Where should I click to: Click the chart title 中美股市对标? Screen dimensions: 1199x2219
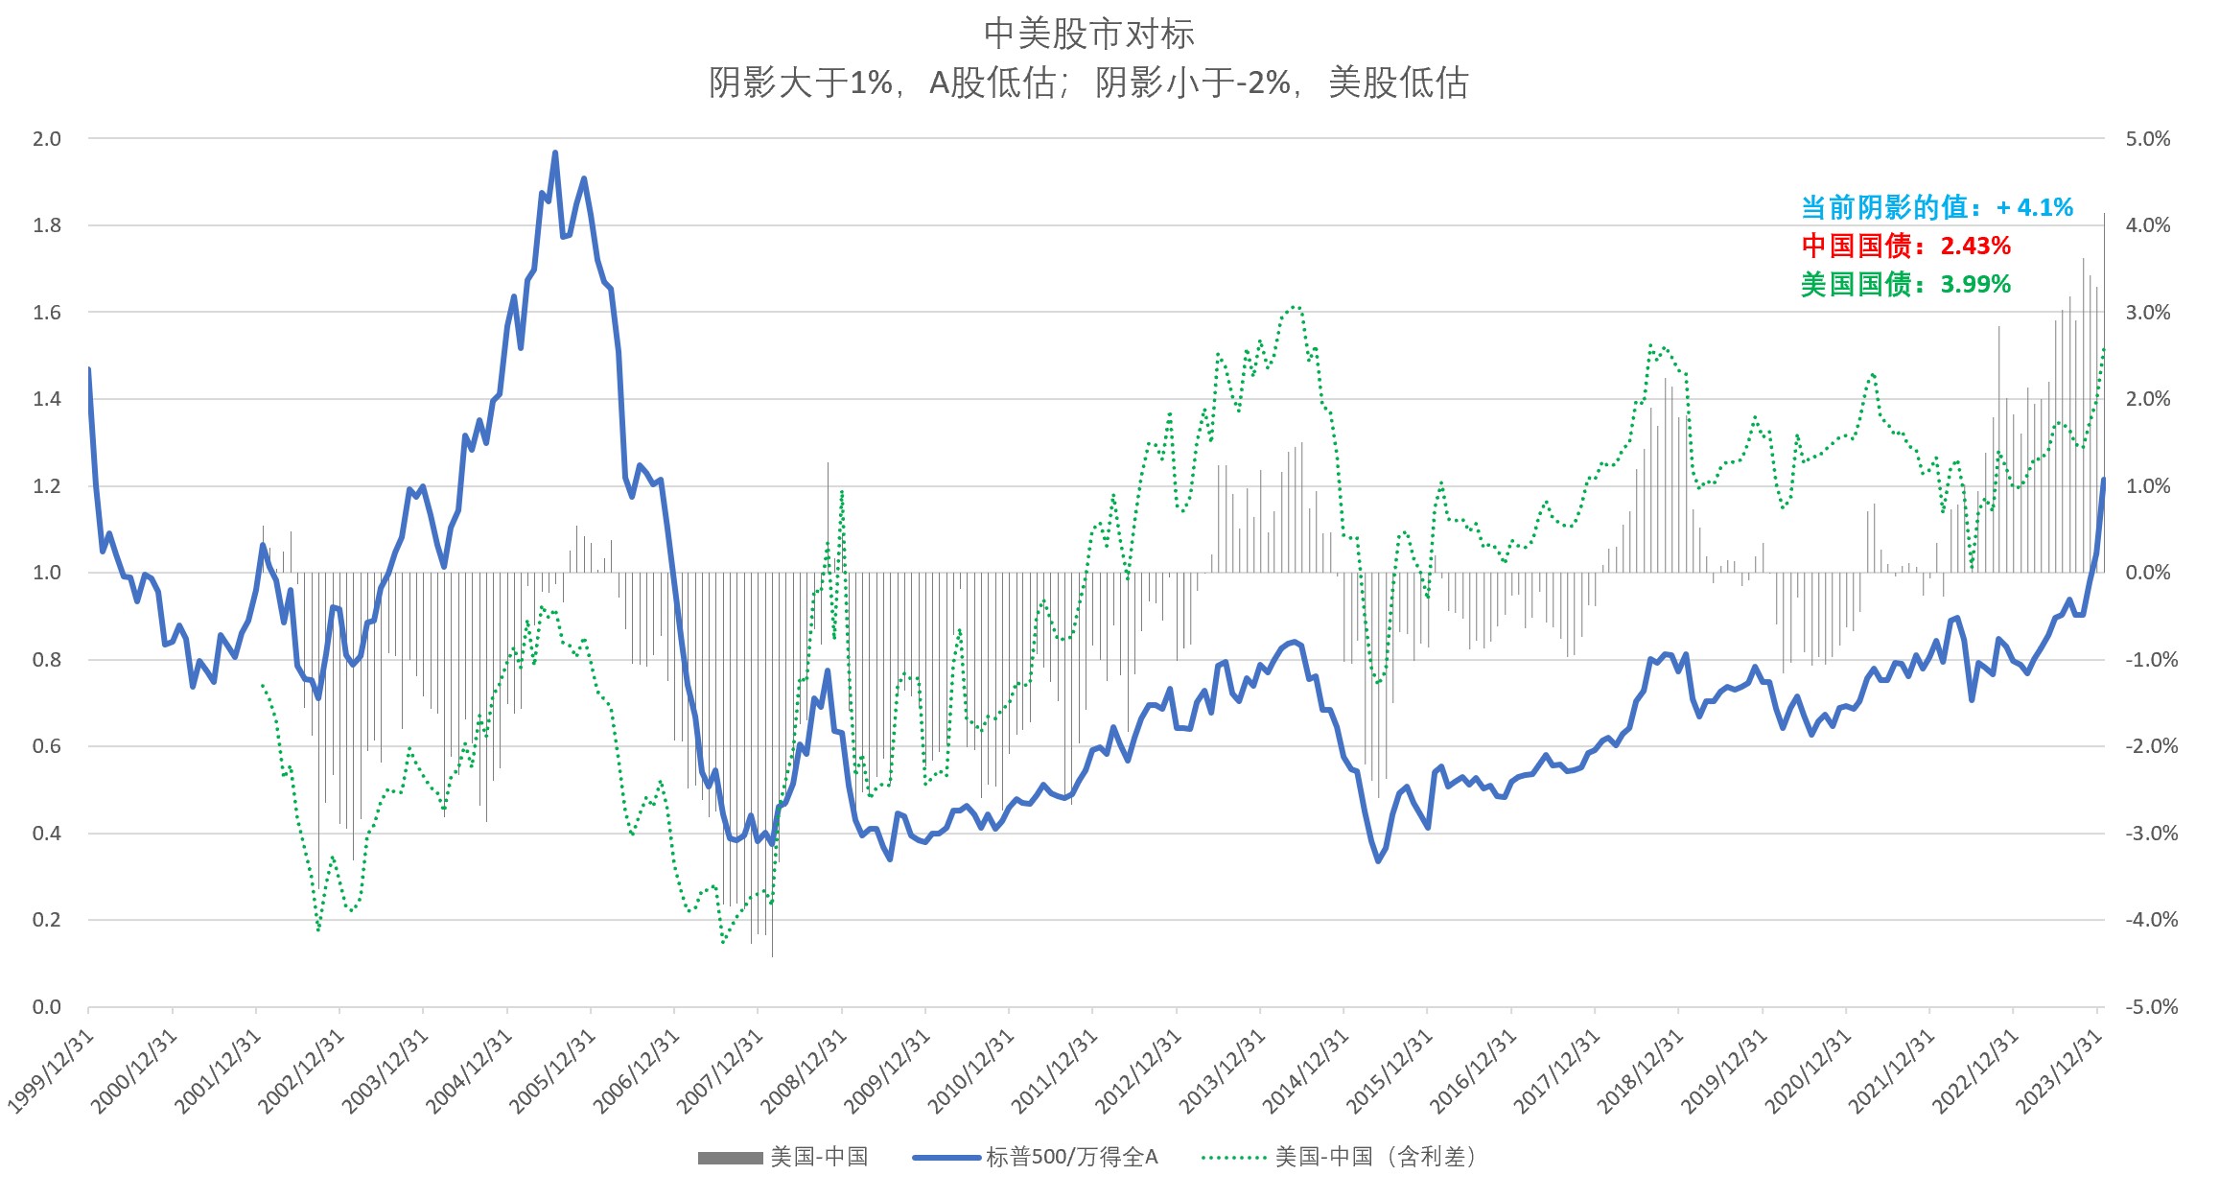click(1088, 35)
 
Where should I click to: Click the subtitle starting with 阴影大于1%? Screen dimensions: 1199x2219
click(1088, 83)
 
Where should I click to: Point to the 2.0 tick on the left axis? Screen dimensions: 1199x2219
click(47, 139)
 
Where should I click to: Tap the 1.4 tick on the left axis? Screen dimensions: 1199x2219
click(47, 399)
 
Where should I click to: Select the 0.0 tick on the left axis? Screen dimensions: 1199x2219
click(47, 1007)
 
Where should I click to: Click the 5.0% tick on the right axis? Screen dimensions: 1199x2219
click(2147, 139)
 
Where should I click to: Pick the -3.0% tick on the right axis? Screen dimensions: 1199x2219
click(2150, 834)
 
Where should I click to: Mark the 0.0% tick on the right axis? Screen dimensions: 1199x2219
click(2147, 573)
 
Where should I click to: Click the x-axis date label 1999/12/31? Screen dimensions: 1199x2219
click(53, 1071)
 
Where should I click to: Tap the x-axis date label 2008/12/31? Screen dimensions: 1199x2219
click(806, 1071)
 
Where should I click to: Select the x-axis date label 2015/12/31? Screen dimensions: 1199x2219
click(1390, 1071)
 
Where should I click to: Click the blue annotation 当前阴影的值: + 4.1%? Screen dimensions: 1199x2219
click(1936, 207)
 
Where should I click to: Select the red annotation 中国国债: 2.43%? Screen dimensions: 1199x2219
click(1905, 246)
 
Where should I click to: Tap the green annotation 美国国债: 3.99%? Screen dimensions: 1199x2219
click(1905, 284)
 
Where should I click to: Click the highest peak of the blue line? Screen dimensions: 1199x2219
click(555, 153)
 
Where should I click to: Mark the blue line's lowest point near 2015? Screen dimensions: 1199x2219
click(1378, 860)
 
